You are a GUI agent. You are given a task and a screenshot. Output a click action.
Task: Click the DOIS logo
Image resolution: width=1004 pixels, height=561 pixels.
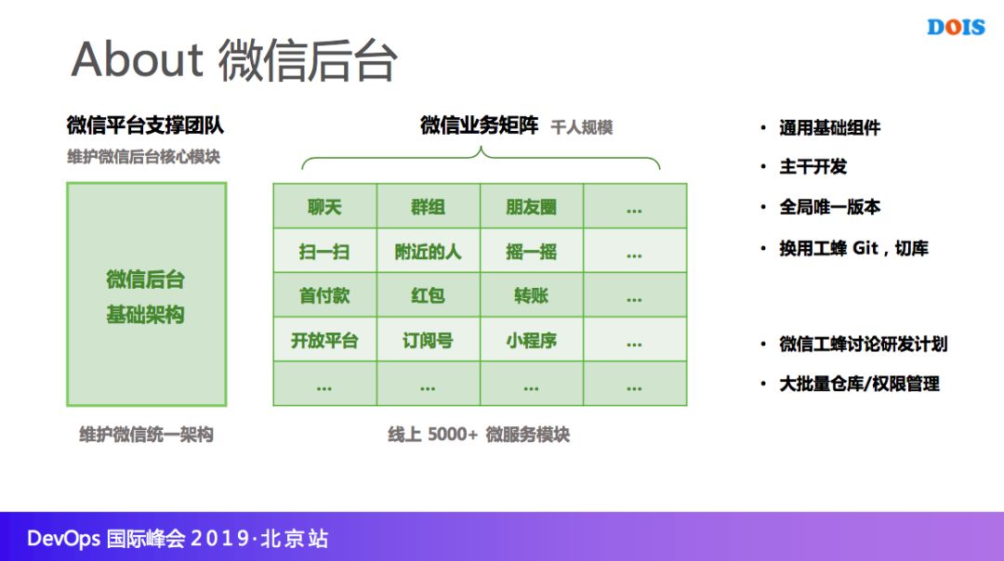click(956, 27)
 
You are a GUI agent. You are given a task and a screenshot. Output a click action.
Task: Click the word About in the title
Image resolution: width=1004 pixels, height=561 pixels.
click(137, 59)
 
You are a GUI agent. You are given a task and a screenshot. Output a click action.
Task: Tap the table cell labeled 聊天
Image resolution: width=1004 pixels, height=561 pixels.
click(324, 207)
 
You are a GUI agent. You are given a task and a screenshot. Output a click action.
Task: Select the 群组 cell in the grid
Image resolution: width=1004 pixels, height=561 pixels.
click(428, 207)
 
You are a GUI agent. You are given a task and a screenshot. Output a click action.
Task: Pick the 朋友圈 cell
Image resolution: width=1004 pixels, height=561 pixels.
click(531, 207)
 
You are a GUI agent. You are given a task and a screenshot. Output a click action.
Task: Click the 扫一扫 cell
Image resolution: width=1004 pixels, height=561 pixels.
click(324, 252)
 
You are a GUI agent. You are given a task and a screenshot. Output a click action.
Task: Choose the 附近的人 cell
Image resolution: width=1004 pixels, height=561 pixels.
click(428, 252)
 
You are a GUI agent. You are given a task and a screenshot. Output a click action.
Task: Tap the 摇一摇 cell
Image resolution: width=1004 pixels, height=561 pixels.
click(531, 252)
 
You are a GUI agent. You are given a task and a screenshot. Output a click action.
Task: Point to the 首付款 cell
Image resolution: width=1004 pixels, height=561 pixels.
click(324, 296)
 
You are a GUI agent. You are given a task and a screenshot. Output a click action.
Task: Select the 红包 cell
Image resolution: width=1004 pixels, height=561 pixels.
click(428, 296)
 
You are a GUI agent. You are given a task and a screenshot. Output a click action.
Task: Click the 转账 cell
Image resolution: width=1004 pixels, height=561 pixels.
click(531, 296)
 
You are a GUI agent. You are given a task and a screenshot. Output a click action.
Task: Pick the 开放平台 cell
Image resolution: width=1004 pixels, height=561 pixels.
click(324, 341)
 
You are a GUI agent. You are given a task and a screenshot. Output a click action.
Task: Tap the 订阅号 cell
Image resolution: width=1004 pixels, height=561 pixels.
click(428, 341)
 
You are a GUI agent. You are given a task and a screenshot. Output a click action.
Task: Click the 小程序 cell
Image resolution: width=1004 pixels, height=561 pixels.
click(531, 341)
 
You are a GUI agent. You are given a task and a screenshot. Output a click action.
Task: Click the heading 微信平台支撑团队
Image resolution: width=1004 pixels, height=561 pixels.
click(145, 125)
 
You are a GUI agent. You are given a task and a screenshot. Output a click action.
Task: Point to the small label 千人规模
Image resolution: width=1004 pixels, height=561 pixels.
click(581, 127)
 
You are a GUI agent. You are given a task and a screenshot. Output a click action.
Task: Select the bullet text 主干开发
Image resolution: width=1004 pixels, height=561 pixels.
click(812, 167)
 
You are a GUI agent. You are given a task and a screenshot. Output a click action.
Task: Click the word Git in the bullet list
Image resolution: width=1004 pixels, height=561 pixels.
click(865, 248)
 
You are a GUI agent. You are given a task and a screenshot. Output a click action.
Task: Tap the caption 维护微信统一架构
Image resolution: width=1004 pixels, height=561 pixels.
click(146, 434)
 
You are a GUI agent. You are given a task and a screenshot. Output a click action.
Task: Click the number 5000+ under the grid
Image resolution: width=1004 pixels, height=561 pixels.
click(452, 434)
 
